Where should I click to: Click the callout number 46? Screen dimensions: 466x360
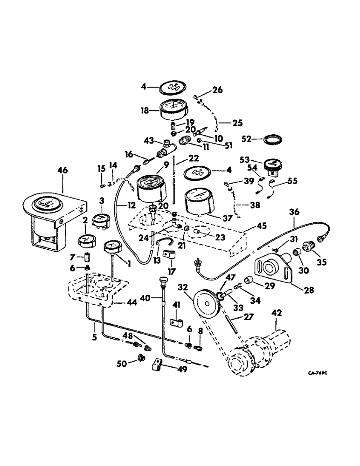(62, 171)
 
